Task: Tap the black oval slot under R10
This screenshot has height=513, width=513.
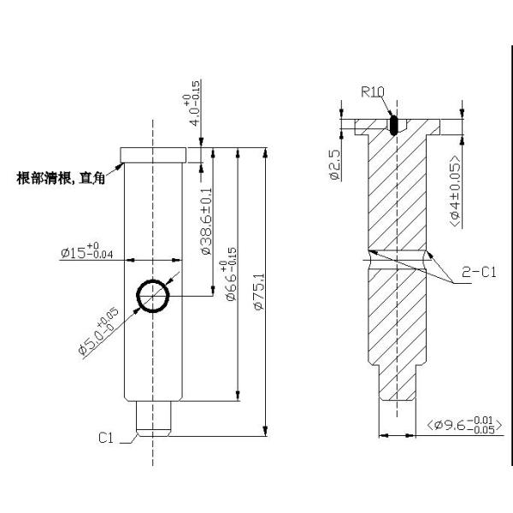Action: [x=393, y=125]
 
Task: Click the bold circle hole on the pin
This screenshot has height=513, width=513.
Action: [x=153, y=297]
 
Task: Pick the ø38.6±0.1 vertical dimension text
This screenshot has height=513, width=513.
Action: [x=205, y=227]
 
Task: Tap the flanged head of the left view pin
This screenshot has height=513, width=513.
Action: [x=153, y=154]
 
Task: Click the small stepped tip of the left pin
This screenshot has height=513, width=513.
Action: [x=154, y=420]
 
